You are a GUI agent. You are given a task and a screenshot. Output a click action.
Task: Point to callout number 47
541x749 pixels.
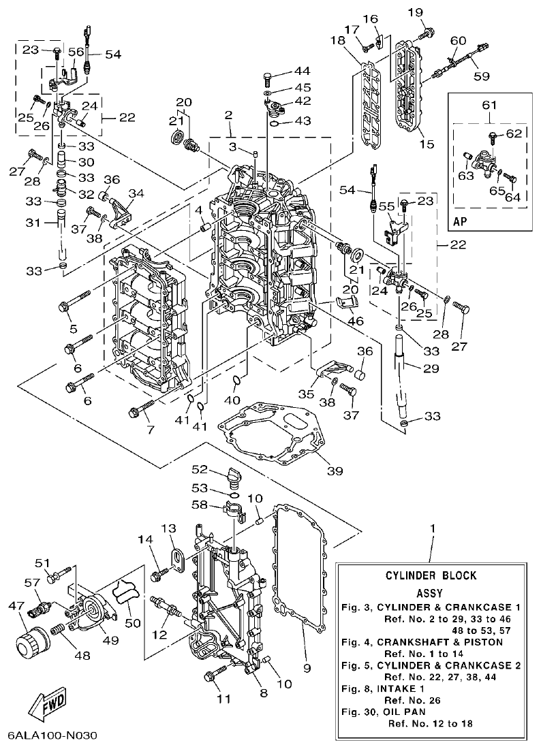[15, 605]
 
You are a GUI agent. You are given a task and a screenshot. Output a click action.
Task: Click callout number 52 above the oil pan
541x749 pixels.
[199, 469]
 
